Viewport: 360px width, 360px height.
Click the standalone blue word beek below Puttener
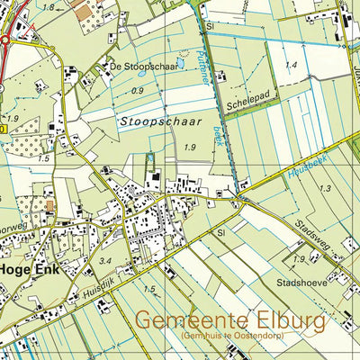(217, 135)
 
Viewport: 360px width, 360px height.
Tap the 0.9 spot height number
(137, 91)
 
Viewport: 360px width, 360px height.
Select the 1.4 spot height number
(291, 66)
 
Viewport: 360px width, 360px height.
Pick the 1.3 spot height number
(325, 188)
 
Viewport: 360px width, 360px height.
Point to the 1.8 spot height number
(49, 7)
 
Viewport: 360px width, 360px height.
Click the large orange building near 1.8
(84, 13)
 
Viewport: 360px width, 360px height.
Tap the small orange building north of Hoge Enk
(50, 205)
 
